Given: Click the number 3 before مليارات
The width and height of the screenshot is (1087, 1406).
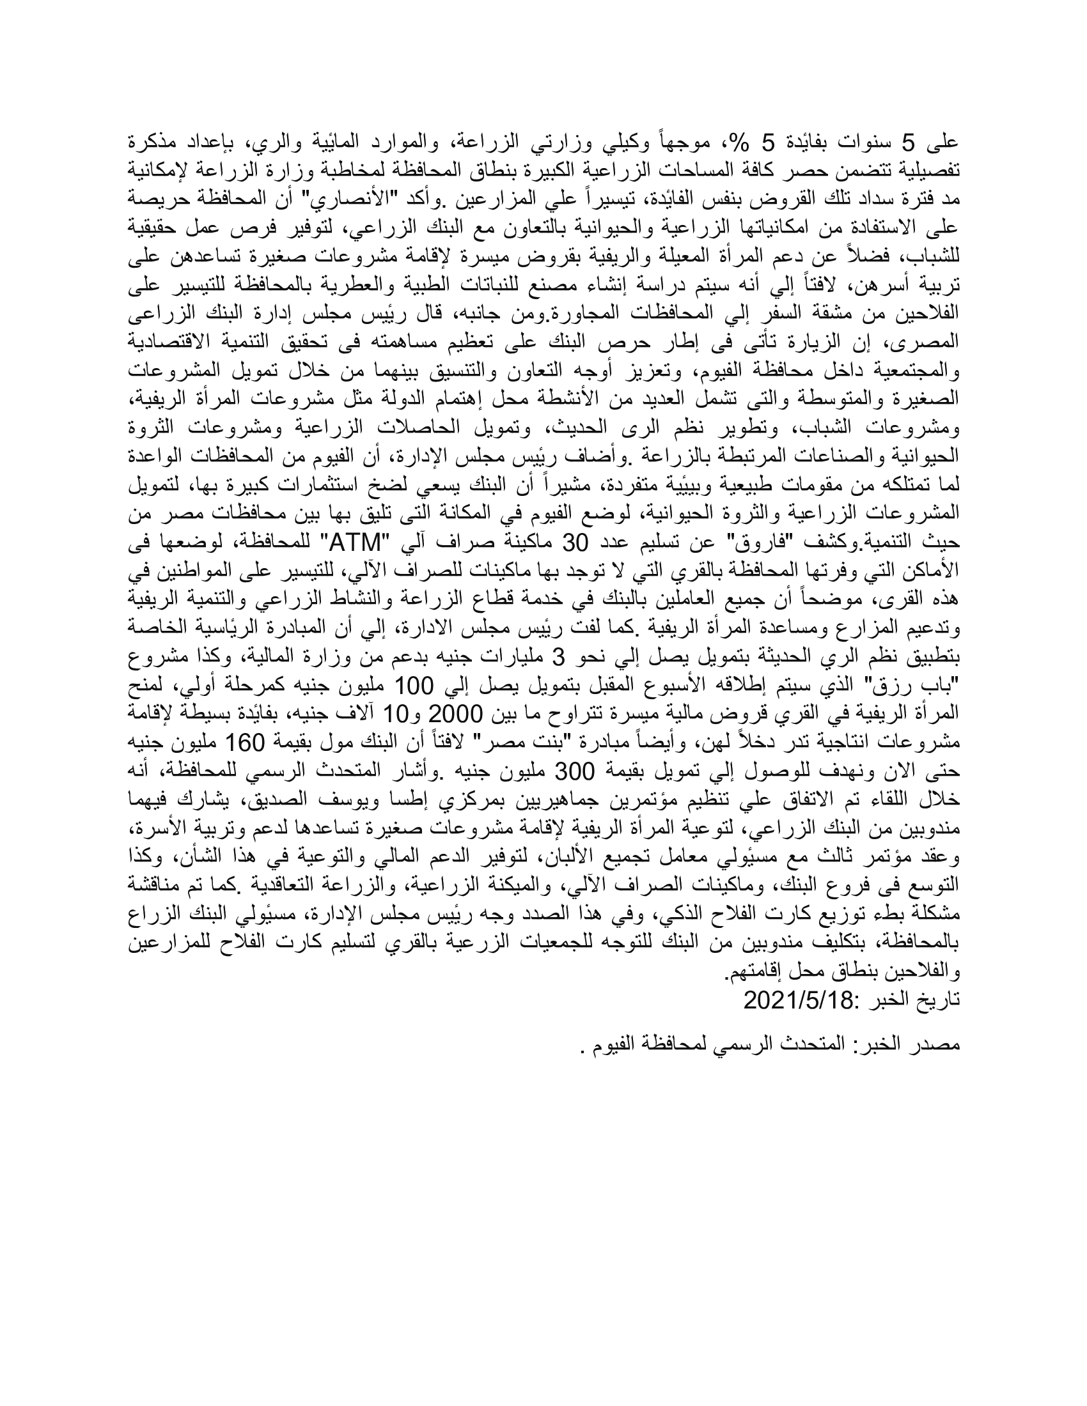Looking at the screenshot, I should click(x=559, y=658).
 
